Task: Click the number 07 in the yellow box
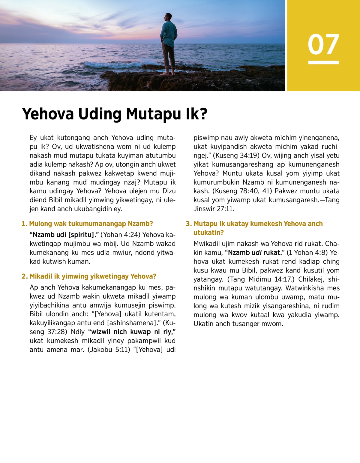[323, 44]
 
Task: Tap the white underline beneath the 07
[323, 62]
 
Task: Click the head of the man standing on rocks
[168, 17]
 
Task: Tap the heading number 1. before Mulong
[24, 224]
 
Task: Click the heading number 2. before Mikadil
[25, 276]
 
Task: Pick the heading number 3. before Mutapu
[188, 224]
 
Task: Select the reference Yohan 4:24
[121, 235]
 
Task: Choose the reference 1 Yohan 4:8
[308, 253]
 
